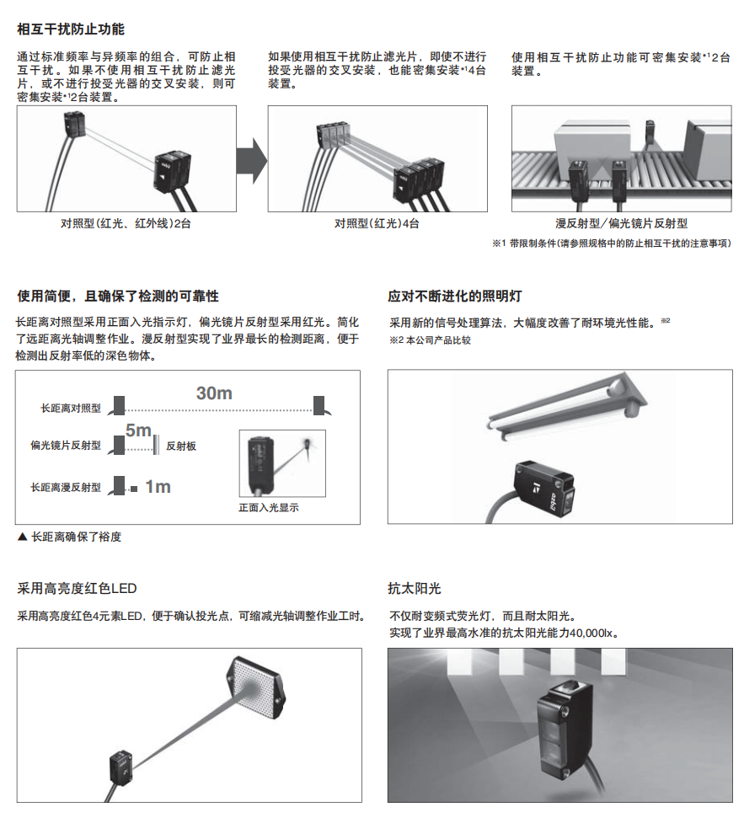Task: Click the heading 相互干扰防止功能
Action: click(x=71, y=29)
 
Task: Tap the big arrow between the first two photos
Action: click(x=250, y=158)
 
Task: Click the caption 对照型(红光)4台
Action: click(x=377, y=223)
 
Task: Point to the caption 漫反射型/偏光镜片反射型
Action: click(x=622, y=223)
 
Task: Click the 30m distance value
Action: click(x=214, y=393)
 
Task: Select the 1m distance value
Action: click(x=158, y=487)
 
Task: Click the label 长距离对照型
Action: click(x=71, y=408)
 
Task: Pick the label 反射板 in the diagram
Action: click(x=181, y=446)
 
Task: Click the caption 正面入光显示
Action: click(x=269, y=508)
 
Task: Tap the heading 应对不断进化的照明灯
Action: click(x=455, y=297)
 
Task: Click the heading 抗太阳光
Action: click(x=415, y=589)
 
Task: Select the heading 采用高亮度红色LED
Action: click(x=77, y=589)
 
